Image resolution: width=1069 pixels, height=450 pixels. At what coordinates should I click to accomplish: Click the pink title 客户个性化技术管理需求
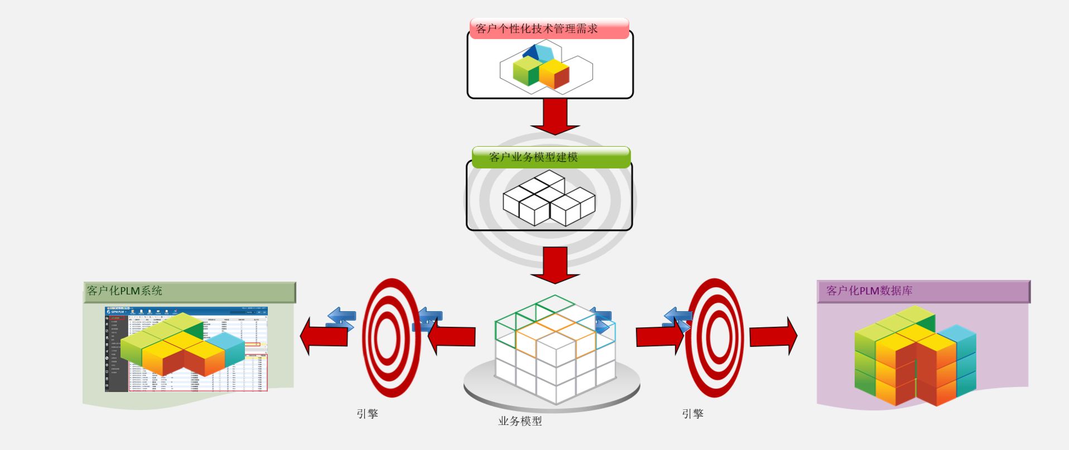537,28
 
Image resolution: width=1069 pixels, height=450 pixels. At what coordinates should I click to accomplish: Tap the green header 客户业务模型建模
533,157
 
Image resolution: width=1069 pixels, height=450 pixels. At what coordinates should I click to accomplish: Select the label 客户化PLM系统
124,291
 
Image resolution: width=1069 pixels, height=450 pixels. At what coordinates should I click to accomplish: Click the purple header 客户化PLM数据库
869,291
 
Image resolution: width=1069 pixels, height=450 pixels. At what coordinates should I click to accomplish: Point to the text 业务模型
520,421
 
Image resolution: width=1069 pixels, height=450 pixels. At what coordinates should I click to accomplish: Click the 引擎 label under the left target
368,414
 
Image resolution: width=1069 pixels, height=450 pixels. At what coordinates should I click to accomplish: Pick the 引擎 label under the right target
692,414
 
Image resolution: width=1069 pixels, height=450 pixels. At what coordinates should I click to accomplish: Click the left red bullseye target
391,338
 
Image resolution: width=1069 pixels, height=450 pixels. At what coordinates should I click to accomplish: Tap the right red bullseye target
715,338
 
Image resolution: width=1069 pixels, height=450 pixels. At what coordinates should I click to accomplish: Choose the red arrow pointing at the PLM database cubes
773,336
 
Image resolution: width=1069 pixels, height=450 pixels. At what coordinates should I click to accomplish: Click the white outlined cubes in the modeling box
549,198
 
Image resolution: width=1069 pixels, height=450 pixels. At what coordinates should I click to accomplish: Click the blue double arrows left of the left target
341,318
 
